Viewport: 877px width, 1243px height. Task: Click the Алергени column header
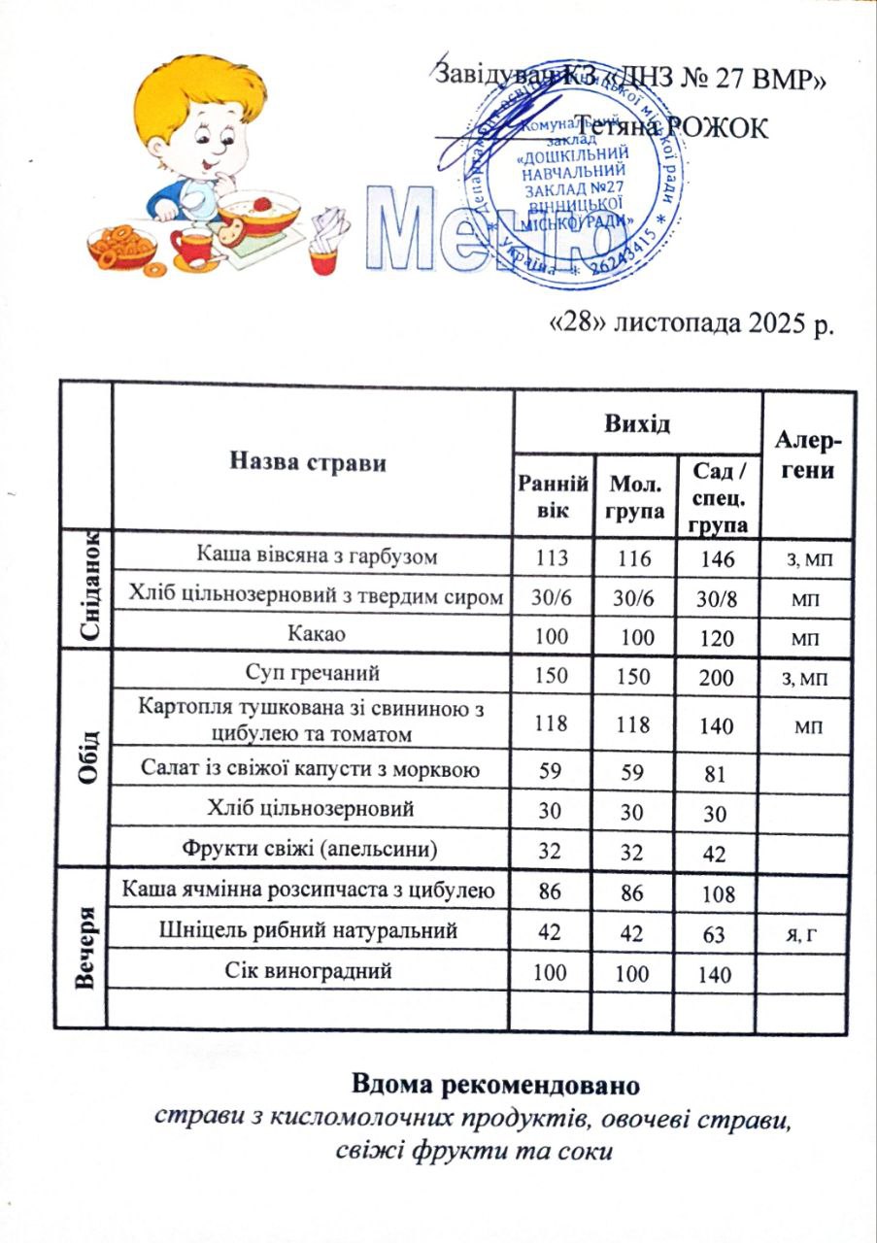click(x=809, y=456)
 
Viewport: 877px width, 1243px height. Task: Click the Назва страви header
click(x=307, y=462)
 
